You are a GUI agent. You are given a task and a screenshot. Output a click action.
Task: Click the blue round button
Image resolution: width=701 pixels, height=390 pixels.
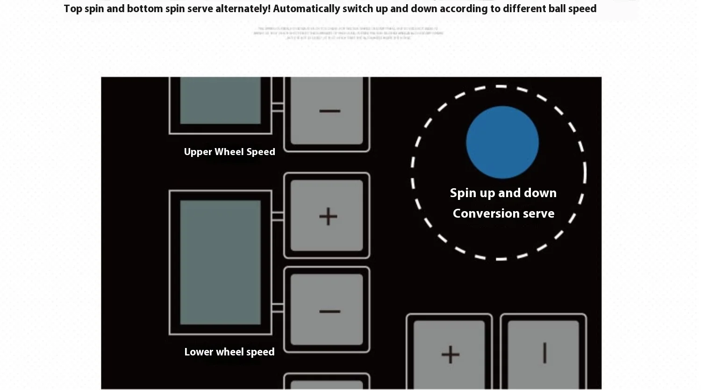coord(502,142)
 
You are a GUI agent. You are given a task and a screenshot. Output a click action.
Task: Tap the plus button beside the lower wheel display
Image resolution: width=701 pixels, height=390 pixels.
coord(327,216)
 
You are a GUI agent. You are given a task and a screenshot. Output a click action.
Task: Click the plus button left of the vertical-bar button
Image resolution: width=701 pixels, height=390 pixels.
coord(450,353)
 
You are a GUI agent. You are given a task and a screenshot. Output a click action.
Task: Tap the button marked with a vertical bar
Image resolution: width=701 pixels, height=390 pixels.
coord(544,353)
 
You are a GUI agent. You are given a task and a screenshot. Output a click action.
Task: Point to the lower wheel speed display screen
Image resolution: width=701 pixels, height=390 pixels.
coord(220,262)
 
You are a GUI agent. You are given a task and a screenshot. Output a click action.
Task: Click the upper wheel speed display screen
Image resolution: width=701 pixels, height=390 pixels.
coord(220,100)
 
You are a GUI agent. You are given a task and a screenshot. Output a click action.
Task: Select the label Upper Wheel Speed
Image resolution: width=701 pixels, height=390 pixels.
coord(229,152)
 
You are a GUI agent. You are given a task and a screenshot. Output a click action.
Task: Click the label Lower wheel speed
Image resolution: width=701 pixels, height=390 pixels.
coord(229,352)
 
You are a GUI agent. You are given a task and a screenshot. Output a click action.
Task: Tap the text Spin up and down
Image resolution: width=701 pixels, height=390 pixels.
coord(503,193)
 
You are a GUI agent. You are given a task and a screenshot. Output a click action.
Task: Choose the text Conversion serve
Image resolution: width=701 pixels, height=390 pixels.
coord(503,213)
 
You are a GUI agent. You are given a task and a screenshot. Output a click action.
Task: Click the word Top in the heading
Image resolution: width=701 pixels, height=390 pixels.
coord(73,9)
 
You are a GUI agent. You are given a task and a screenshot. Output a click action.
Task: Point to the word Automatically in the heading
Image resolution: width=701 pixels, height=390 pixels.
coord(306,9)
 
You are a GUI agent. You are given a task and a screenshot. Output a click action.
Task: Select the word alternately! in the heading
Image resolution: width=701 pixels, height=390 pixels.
coord(243,9)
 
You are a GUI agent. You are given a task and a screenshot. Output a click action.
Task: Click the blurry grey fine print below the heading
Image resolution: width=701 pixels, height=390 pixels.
coord(348,33)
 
